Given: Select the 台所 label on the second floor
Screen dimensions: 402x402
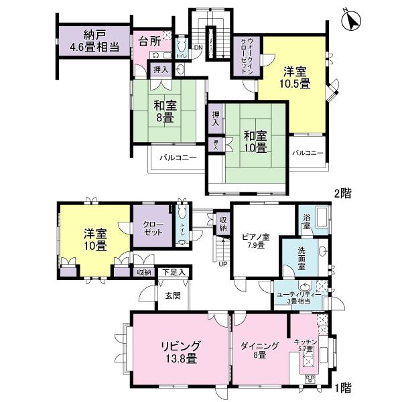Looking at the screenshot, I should click(x=148, y=41).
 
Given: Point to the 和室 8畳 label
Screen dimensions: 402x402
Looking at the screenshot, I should click(x=165, y=111).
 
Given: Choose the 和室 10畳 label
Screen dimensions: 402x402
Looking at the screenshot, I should click(x=255, y=141).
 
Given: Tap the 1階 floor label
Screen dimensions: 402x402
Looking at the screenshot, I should click(x=342, y=388).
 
